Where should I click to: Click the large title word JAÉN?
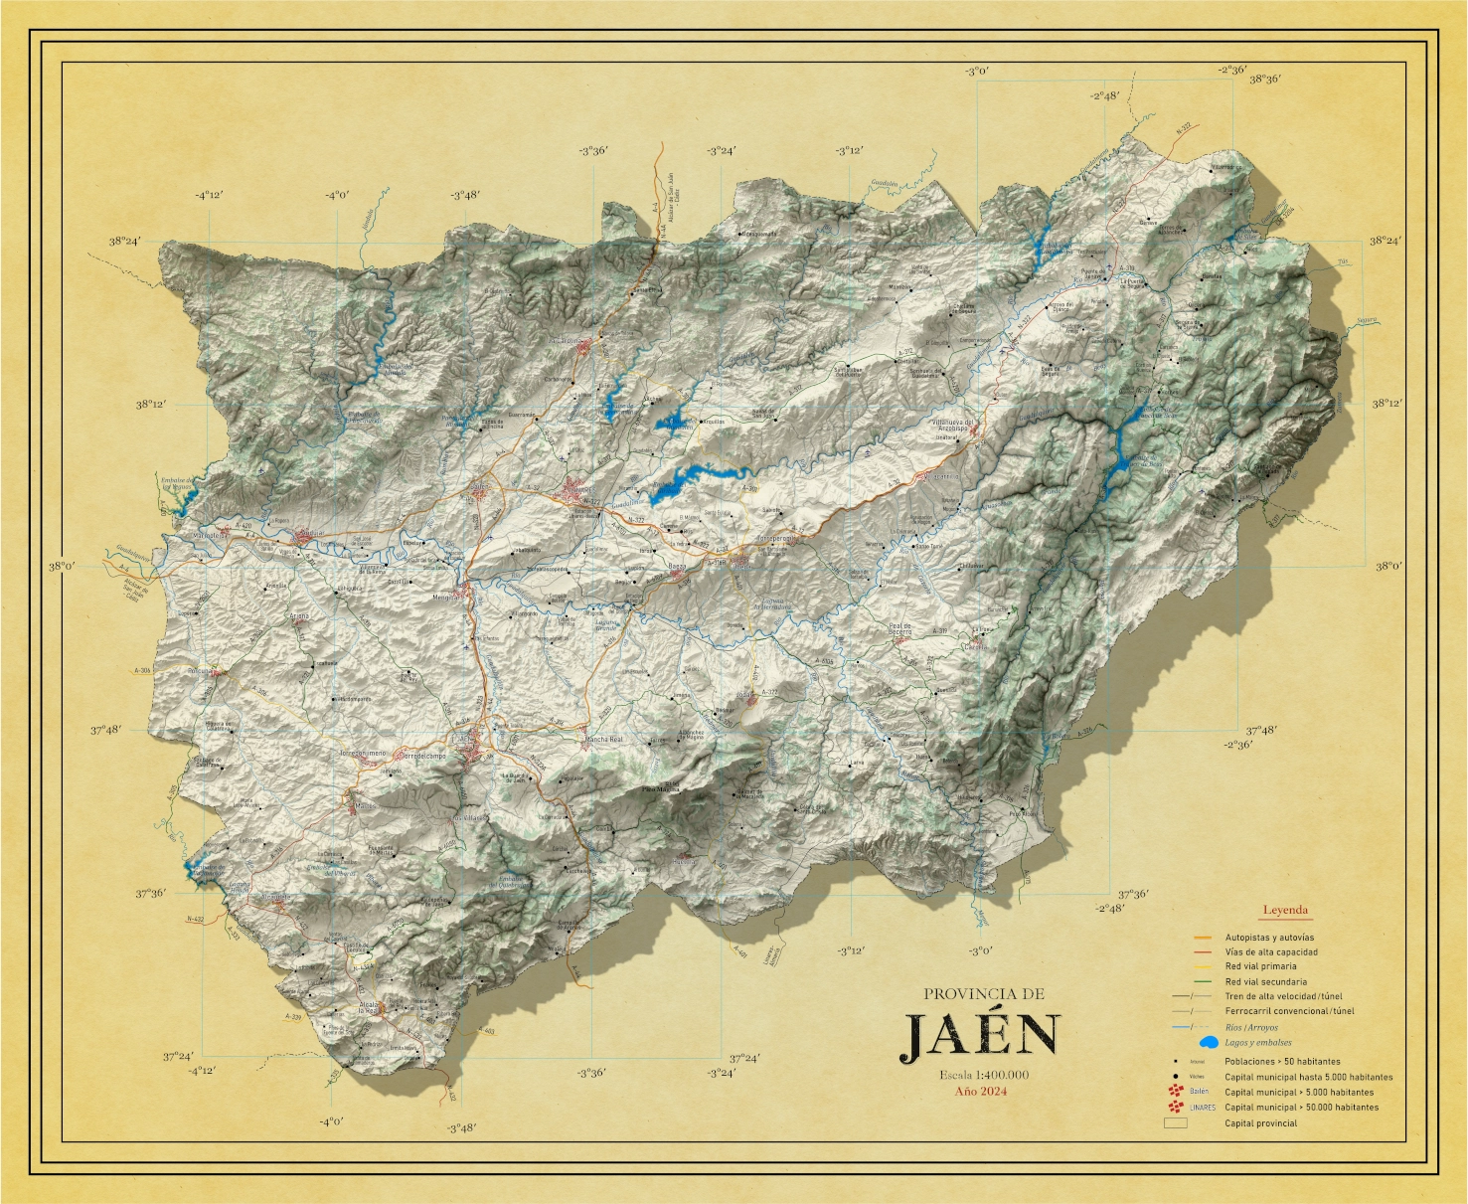tap(981, 1036)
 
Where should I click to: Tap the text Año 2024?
tap(981, 1092)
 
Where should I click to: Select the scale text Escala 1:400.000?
tap(983, 1075)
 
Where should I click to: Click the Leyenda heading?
tap(1285, 910)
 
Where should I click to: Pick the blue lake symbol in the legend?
tap(1209, 1043)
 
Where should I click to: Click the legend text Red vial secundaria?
tap(1265, 981)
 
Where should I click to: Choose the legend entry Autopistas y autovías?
tap(1268, 938)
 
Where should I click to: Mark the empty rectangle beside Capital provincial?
tap(1176, 1123)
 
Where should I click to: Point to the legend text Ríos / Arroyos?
tap(1251, 1028)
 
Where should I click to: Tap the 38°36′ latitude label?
tap(1264, 80)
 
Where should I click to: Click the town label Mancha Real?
tap(602, 740)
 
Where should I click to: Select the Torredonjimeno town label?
tap(363, 754)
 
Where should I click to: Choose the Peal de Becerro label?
tap(899, 629)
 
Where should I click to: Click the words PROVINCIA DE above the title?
tap(983, 993)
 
